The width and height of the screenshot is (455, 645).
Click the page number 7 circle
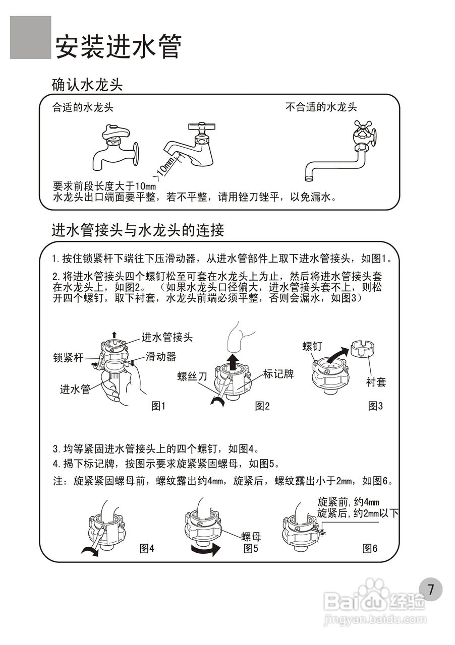430,590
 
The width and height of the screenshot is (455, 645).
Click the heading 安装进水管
118,47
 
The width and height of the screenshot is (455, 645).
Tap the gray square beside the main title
30,37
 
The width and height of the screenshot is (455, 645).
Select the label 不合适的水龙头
321,107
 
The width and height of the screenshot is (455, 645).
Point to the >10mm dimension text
165,168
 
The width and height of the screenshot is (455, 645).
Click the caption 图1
158,405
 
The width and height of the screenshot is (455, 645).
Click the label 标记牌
278,374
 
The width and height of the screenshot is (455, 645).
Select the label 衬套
376,382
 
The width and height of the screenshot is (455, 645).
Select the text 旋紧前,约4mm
348,502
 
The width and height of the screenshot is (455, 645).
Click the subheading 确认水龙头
87,84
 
